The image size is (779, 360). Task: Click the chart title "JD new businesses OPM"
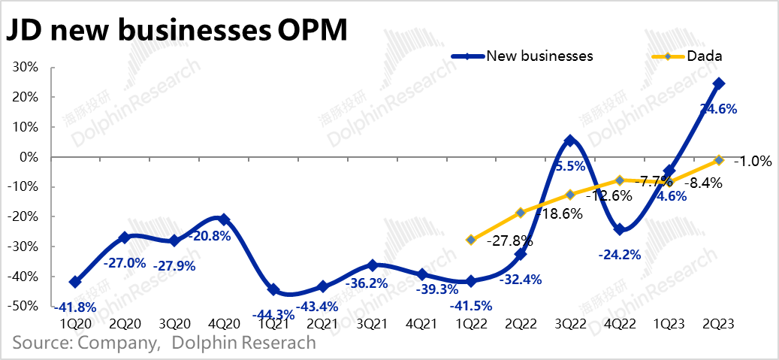pyautogui.click(x=178, y=32)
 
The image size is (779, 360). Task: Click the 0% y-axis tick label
pyautogui.click(x=31, y=157)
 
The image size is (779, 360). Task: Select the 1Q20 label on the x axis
pyautogui.click(x=74, y=324)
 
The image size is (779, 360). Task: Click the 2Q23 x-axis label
pyautogui.click(x=718, y=324)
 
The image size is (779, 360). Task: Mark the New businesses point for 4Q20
pyautogui.click(x=223, y=219)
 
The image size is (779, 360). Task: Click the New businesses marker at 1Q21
pyautogui.click(x=273, y=289)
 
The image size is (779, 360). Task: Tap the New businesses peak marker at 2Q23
pyautogui.click(x=719, y=83)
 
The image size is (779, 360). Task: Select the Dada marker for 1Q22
pyautogui.click(x=471, y=240)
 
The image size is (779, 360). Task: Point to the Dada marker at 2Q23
pyautogui.click(x=719, y=160)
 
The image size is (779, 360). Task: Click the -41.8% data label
pyautogui.click(x=74, y=306)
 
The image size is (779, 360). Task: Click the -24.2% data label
pyautogui.click(x=620, y=255)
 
